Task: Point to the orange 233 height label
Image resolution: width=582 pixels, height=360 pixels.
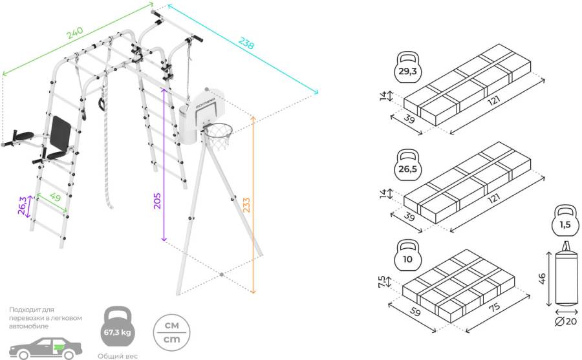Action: tap(246, 205)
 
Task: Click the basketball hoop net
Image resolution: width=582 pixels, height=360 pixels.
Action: tap(219, 138)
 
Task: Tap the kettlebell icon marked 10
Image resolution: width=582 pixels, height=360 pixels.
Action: tap(407, 257)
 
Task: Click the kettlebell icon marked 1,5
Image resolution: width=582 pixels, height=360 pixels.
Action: tap(565, 222)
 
